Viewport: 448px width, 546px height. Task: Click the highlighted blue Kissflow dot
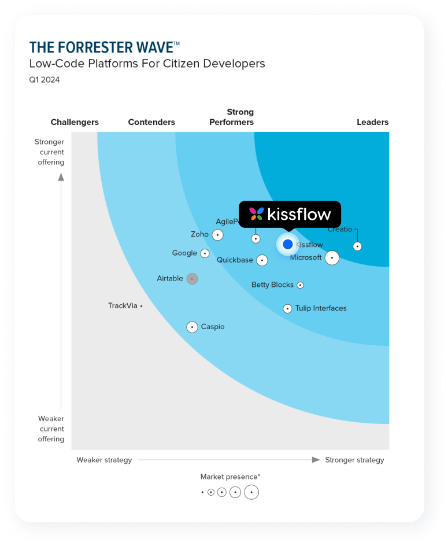click(x=288, y=244)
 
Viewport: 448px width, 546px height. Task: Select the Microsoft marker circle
click(x=332, y=257)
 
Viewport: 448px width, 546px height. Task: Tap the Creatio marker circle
click(x=357, y=246)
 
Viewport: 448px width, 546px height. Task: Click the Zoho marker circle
click(x=217, y=235)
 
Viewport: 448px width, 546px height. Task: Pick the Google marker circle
click(x=205, y=253)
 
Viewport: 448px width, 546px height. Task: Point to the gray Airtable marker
click(x=192, y=279)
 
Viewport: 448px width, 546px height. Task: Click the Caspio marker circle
click(x=192, y=327)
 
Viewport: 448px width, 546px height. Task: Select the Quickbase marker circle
click(x=262, y=260)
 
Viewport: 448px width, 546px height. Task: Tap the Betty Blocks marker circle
click(x=300, y=285)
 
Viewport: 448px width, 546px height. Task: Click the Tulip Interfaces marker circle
click(x=287, y=309)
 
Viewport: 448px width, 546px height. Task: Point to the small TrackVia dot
click(x=141, y=306)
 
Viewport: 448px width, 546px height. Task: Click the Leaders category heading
click(x=372, y=122)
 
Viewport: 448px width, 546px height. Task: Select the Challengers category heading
click(x=75, y=122)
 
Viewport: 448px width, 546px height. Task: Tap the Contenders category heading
click(x=151, y=122)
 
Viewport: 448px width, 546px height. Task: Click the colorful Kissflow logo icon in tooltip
click(x=257, y=214)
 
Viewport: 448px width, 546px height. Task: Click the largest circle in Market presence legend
click(x=251, y=492)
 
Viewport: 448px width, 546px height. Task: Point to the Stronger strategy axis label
click(x=354, y=460)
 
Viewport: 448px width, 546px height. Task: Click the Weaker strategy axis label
click(x=104, y=460)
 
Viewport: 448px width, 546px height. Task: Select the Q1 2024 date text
click(x=45, y=80)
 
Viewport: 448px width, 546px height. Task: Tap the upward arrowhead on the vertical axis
click(x=61, y=177)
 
